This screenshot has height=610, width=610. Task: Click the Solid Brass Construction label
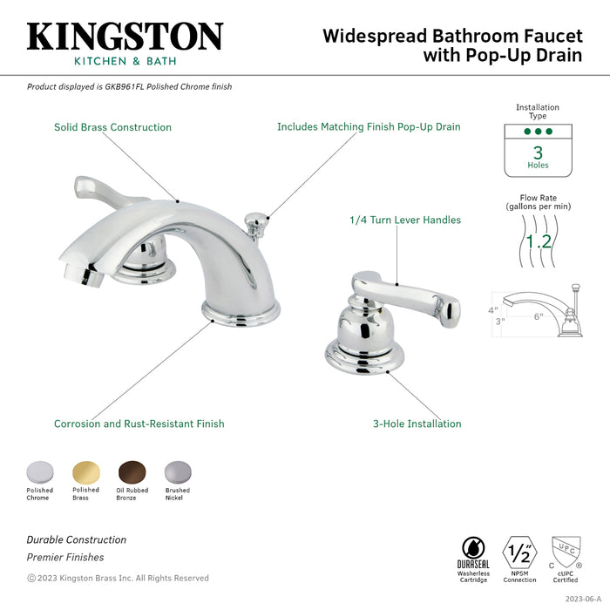(112, 127)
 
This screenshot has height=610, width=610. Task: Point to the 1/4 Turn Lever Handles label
(405, 220)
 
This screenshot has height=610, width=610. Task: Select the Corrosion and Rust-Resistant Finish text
(139, 424)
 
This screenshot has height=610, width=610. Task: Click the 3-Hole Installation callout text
(417, 424)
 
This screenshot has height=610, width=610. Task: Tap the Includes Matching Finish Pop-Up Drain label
(369, 127)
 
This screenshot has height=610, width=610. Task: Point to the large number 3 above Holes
(538, 151)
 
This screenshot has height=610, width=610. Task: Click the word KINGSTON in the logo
(125, 37)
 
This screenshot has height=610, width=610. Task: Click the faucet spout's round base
(241, 311)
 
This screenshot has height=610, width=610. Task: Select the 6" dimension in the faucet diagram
(539, 316)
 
